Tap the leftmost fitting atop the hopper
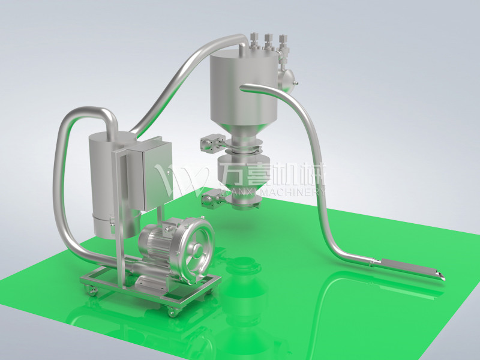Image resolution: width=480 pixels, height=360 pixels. point(254,42)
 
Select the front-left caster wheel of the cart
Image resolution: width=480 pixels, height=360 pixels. point(91,291)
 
